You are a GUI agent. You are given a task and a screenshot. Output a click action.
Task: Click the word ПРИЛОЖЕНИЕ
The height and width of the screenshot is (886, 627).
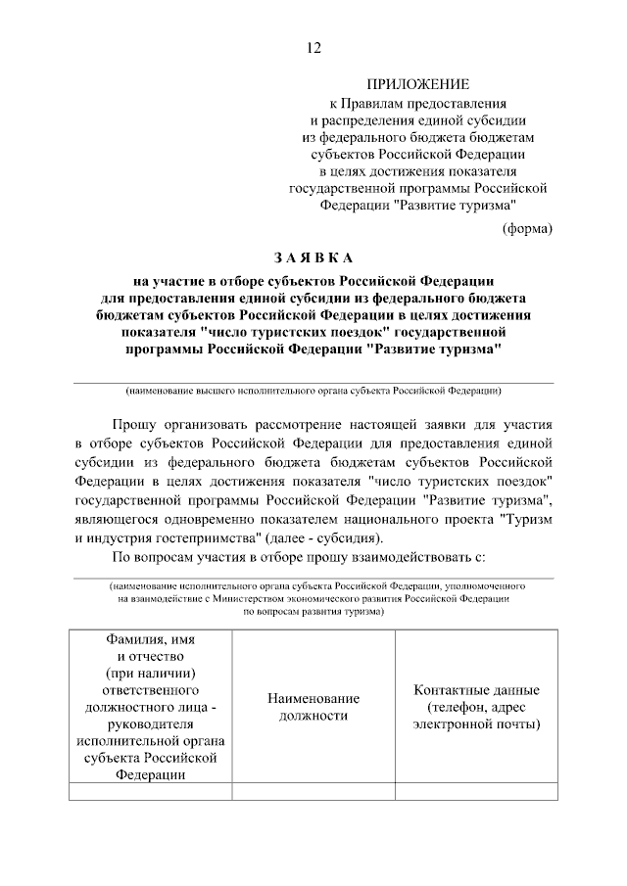click(x=417, y=85)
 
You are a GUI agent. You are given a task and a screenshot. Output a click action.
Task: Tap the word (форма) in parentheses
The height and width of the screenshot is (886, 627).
click(x=527, y=228)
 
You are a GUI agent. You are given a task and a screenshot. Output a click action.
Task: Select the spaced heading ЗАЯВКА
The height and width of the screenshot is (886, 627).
click(x=313, y=258)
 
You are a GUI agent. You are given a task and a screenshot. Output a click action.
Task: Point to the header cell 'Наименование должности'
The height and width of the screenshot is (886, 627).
click(x=313, y=707)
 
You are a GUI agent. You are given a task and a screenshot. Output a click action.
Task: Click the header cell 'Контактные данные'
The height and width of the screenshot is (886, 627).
click(x=476, y=707)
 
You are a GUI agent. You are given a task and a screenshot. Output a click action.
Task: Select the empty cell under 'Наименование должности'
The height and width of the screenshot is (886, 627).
click(x=313, y=792)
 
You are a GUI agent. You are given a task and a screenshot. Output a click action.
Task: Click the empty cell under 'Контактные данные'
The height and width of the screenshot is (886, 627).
click(x=476, y=792)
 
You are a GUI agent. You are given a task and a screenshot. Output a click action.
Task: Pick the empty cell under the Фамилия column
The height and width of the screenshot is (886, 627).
click(x=150, y=792)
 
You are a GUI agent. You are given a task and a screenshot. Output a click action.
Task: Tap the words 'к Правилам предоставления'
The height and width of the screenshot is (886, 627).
click(x=417, y=103)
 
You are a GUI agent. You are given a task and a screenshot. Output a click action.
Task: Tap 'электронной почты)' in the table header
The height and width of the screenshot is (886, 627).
click(x=476, y=725)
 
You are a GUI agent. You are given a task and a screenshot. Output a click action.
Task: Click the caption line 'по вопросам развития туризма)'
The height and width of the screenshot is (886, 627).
click(x=313, y=609)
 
